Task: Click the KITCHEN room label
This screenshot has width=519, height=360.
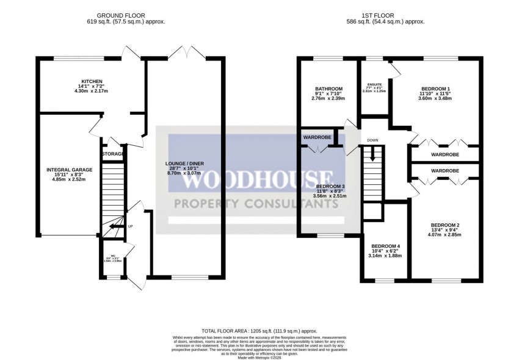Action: point(91,81)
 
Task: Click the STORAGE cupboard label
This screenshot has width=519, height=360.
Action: point(113,154)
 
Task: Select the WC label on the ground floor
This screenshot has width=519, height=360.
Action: point(113,256)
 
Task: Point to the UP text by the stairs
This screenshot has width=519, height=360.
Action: point(130,227)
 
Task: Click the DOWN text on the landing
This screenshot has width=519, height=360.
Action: point(373,140)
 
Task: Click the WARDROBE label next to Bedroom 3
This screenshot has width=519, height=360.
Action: point(317,138)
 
